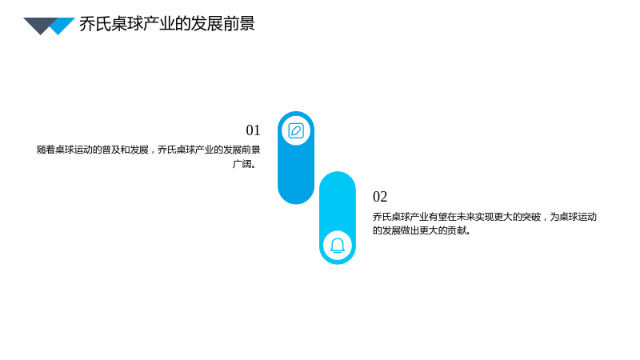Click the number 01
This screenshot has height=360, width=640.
point(253,130)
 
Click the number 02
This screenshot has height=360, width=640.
point(380,197)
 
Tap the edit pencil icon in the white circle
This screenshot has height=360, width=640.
point(296,131)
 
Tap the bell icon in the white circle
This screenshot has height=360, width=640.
point(338,246)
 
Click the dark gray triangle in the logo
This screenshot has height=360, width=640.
point(40,25)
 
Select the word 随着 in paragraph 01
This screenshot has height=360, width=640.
point(46,150)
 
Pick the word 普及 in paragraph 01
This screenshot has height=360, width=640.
point(111,150)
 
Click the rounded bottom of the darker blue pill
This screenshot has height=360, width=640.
point(296,196)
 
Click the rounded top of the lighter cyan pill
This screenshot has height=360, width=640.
point(338,179)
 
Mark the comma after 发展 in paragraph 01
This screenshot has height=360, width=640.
point(153,151)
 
